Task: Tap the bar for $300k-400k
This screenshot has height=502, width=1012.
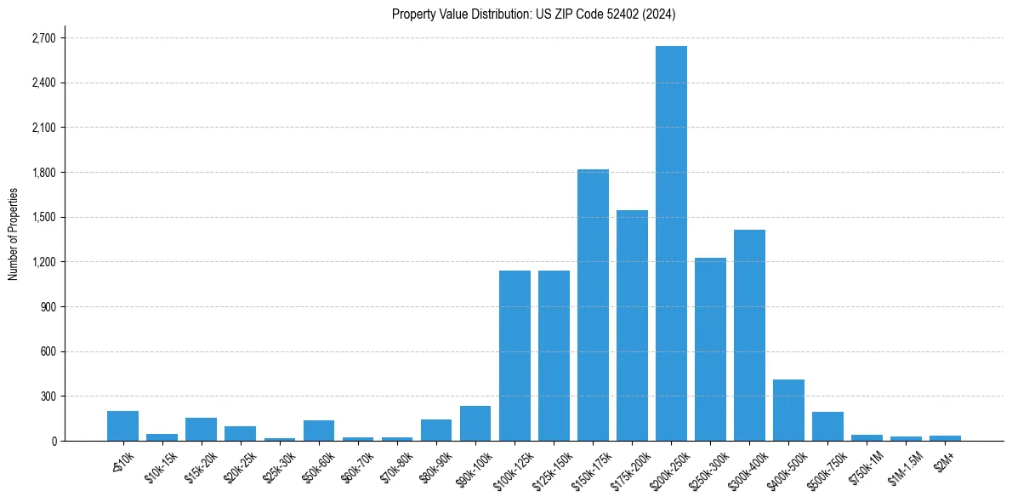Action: coord(749,335)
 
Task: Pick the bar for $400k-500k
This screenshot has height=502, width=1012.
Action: coord(788,410)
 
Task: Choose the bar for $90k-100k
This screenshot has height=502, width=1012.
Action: coord(475,423)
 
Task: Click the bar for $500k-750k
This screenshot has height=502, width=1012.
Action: coord(827,426)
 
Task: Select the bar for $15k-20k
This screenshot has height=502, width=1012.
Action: coord(201,429)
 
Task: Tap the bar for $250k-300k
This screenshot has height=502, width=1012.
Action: coord(710,349)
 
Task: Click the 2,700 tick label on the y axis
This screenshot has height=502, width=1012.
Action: coord(43,38)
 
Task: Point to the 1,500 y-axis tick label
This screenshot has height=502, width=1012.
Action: coord(43,217)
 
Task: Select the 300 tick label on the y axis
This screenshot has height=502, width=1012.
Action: coord(48,396)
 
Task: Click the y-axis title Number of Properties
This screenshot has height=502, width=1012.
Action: coord(13,233)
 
